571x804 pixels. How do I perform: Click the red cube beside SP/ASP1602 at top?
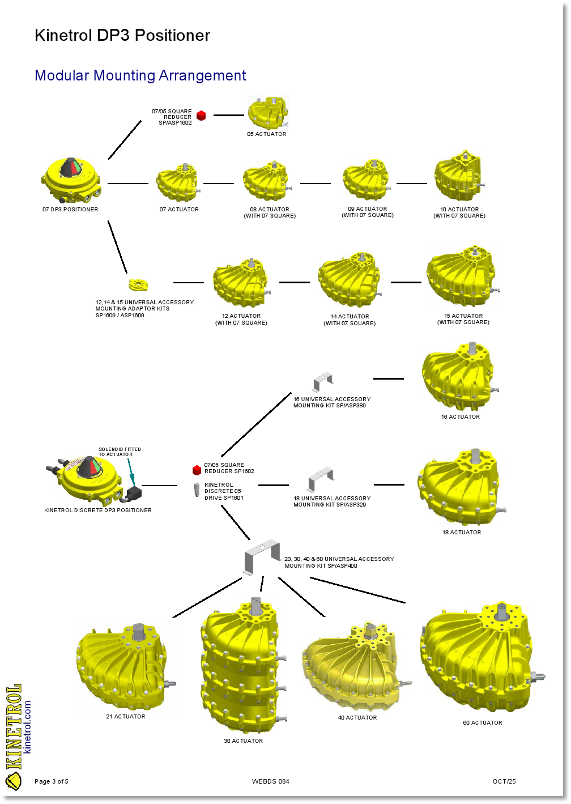(x=201, y=116)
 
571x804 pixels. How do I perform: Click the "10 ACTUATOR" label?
(x=459, y=209)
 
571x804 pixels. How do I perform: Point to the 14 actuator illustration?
(x=350, y=280)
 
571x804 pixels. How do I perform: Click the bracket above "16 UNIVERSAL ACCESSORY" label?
(x=323, y=381)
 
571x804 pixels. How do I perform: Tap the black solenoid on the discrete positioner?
(x=134, y=493)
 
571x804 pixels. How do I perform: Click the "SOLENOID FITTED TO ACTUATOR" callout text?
(x=120, y=452)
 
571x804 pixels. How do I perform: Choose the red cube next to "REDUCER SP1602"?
(x=197, y=470)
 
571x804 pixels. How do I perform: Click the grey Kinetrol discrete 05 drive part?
(x=197, y=490)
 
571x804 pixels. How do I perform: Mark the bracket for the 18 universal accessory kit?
(x=321, y=479)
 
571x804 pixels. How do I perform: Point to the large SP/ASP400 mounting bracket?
(x=262, y=556)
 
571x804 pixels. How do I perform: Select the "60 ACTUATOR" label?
(x=483, y=722)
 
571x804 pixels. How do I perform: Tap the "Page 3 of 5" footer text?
(x=52, y=781)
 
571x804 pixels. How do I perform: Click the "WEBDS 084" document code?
(x=271, y=781)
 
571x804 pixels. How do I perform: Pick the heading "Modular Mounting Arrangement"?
(x=140, y=75)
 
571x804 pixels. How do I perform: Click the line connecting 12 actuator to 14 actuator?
(x=295, y=282)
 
